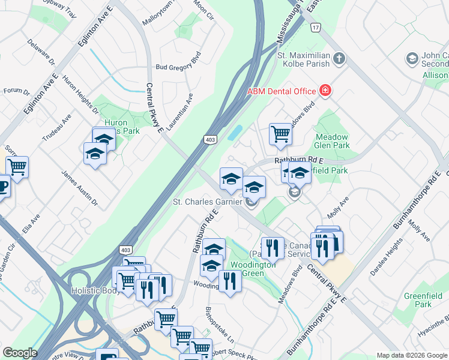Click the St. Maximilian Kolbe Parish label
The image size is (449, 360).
point(303,59)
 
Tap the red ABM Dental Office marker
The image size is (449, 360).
point(325,91)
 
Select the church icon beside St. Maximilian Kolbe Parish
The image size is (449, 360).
point(339,59)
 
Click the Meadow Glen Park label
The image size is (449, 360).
point(332,141)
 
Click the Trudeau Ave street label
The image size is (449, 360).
point(56,127)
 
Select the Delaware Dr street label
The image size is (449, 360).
point(41,53)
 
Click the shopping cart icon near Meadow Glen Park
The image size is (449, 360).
point(280,134)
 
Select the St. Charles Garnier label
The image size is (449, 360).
point(207,202)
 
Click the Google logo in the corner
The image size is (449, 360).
point(20,353)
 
